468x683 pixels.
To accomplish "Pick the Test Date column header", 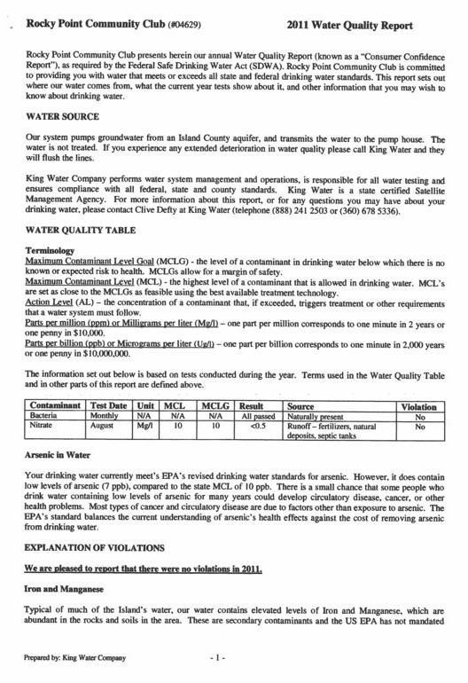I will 111,404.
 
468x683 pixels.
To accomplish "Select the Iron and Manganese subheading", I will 69,588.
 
